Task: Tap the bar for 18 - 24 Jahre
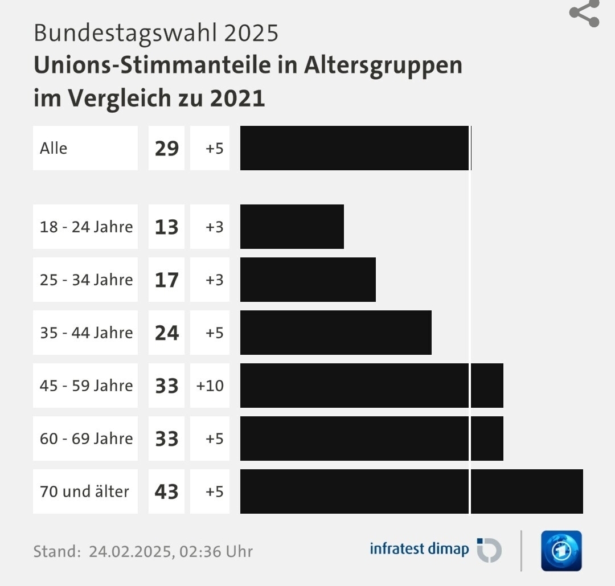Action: [292, 227]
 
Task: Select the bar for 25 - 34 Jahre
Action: [307, 280]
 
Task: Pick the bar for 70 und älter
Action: [411, 491]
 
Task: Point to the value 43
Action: [166, 491]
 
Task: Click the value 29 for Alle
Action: [166, 148]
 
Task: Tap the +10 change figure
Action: [210, 386]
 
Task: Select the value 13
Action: [166, 227]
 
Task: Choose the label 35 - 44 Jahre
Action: [86, 333]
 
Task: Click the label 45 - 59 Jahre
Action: [86, 386]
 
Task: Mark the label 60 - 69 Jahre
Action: [86, 439]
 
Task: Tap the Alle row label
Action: [54, 148]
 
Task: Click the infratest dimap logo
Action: [436, 550]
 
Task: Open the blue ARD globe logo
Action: [561, 551]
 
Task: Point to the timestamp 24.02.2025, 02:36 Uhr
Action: [170, 551]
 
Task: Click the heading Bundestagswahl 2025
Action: [156, 33]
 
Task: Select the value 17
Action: [166, 280]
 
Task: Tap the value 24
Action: [166, 333]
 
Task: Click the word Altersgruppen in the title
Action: [383, 65]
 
